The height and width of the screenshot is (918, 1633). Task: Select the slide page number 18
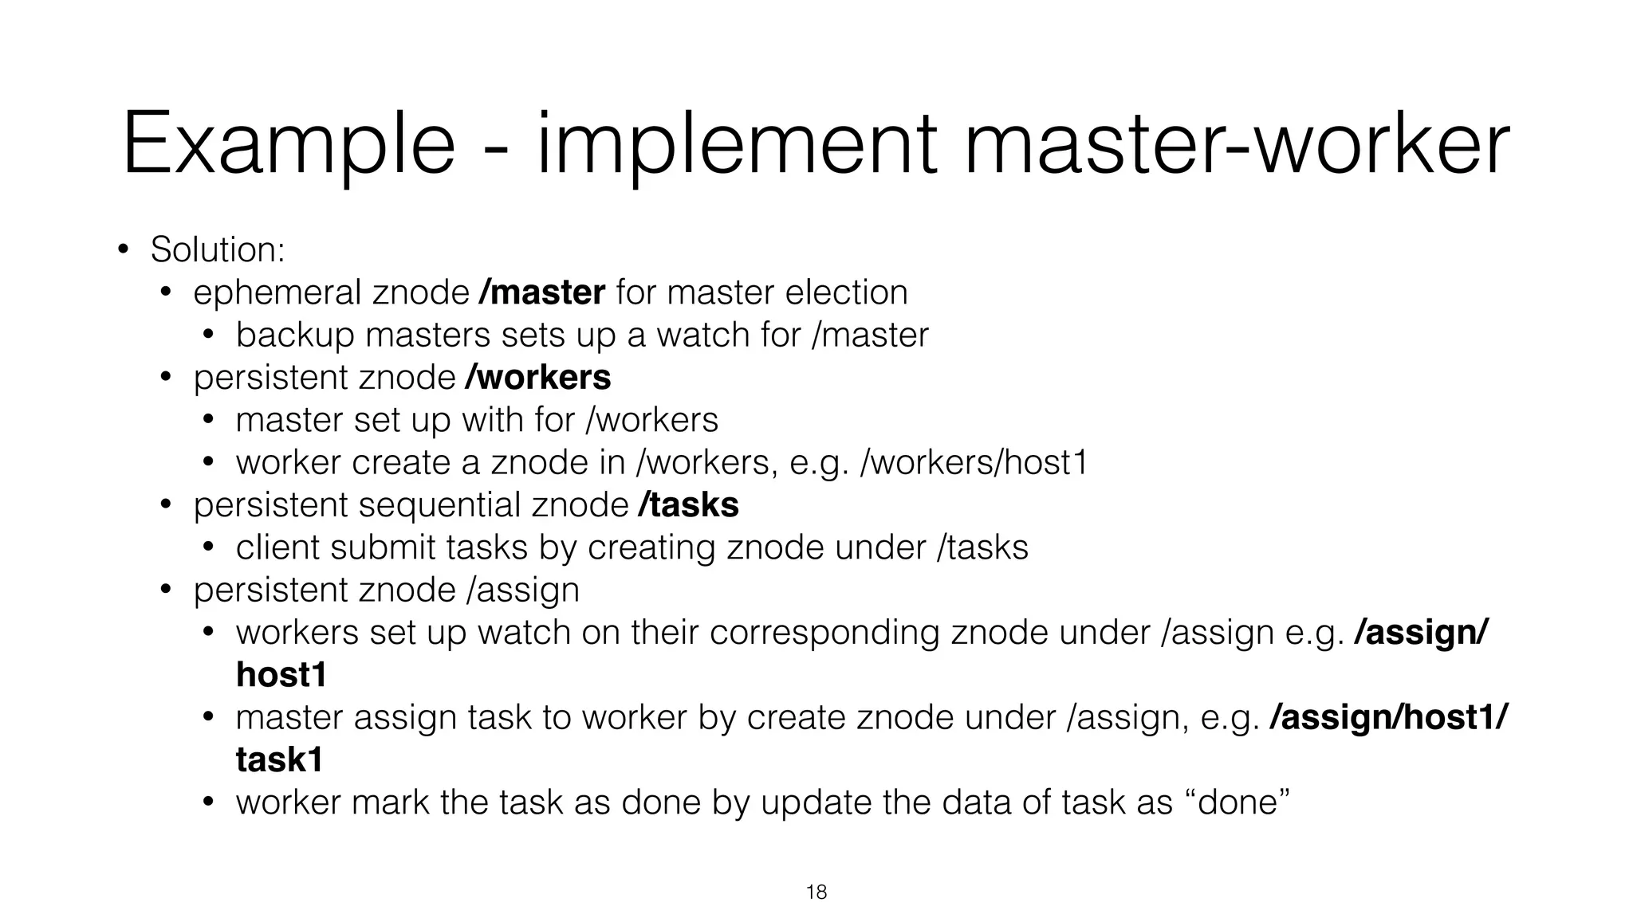coord(816,892)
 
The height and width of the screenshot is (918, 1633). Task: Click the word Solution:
coord(218,250)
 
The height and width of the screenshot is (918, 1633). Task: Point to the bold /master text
coord(541,292)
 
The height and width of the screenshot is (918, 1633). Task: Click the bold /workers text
coord(537,378)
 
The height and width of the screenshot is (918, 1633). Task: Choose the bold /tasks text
coord(688,505)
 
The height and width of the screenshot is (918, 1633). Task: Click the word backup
coord(295,335)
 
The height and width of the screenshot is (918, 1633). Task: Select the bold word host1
coord(281,676)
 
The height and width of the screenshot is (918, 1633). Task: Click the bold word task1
coord(280,761)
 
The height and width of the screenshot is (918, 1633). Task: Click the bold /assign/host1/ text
coord(1388,718)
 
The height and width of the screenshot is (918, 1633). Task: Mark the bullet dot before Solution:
coord(123,250)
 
